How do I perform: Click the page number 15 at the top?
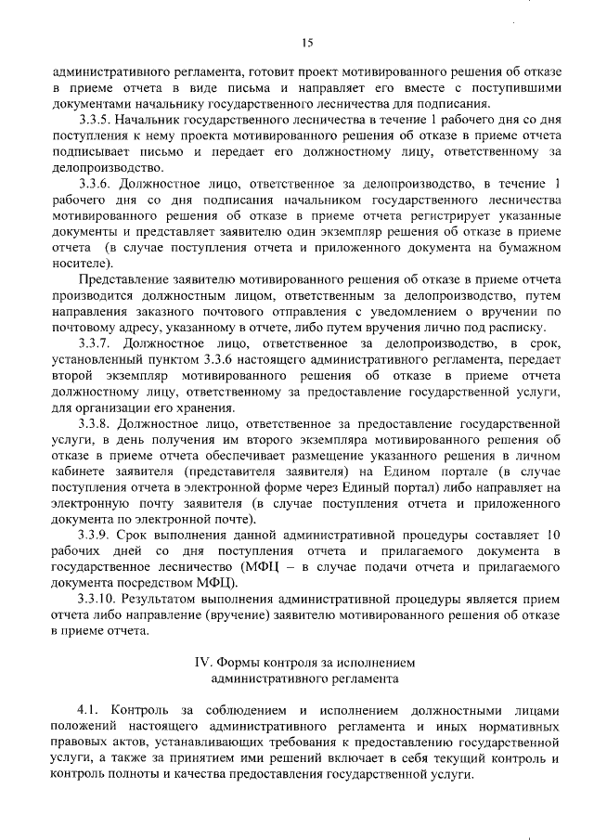click(x=306, y=40)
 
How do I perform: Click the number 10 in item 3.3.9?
click(x=553, y=534)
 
